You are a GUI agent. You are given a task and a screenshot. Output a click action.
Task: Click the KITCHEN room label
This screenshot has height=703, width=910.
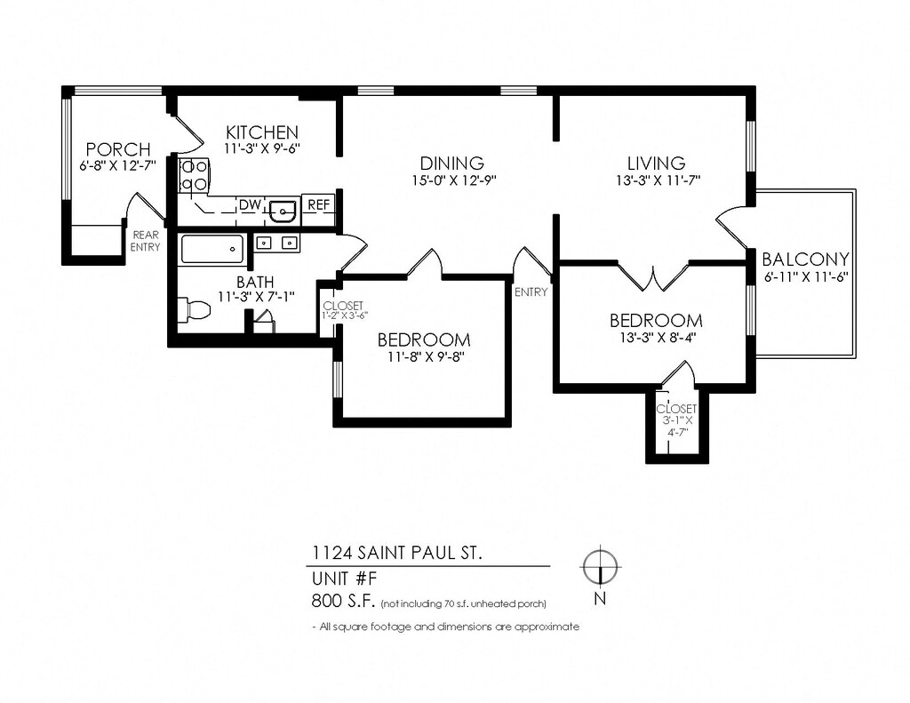pyautogui.click(x=262, y=132)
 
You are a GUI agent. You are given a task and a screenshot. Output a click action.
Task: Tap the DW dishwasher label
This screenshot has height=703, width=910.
pyautogui.click(x=250, y=204)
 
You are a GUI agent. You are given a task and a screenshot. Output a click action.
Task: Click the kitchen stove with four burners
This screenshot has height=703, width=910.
pyautogui.click(x=194, y=175)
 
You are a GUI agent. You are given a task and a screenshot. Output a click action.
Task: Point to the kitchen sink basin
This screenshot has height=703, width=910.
pyautogui.click(x=283, y=210)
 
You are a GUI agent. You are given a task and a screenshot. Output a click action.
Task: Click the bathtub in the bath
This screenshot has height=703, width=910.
pyautogui.click(x=212, y=249)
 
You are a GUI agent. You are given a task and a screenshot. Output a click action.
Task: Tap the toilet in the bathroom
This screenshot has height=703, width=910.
pyautogui.click(x=193, y=309)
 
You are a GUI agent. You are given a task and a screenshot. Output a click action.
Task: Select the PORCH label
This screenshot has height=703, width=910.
pyautogui.click(x=118, y=149)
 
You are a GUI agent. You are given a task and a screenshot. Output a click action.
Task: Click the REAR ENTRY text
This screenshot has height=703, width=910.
pyautogui.click(x=145, y=241)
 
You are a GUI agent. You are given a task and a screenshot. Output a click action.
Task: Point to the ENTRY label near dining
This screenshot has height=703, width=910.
pyautogui.click(x=531, y=292)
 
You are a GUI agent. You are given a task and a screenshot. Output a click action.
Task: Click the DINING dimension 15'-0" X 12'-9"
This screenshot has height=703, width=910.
pyautogui.click(x=454, y=180)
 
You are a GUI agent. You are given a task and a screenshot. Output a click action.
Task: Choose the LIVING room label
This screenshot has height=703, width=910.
pyautogui.click(x=657, y=163)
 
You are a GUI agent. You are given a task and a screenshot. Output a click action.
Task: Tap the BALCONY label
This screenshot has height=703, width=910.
pyautogui.click(x=805, y=259)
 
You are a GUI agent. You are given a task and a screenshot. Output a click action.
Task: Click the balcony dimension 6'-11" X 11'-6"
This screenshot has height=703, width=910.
pyautogui.click(x=807, y=277)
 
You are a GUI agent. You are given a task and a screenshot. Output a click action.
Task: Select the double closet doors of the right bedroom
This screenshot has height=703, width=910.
pyautogui.click(x=654, y=276)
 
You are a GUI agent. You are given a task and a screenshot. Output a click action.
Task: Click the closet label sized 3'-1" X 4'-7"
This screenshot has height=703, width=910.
pyautogui.click(x=676, y=420)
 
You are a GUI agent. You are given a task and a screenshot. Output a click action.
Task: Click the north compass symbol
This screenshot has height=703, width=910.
pyautogui.click(x=601, y=565)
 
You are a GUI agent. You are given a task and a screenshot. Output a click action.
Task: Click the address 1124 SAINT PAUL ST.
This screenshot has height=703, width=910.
pyautogui.click(x=397, y=552)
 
